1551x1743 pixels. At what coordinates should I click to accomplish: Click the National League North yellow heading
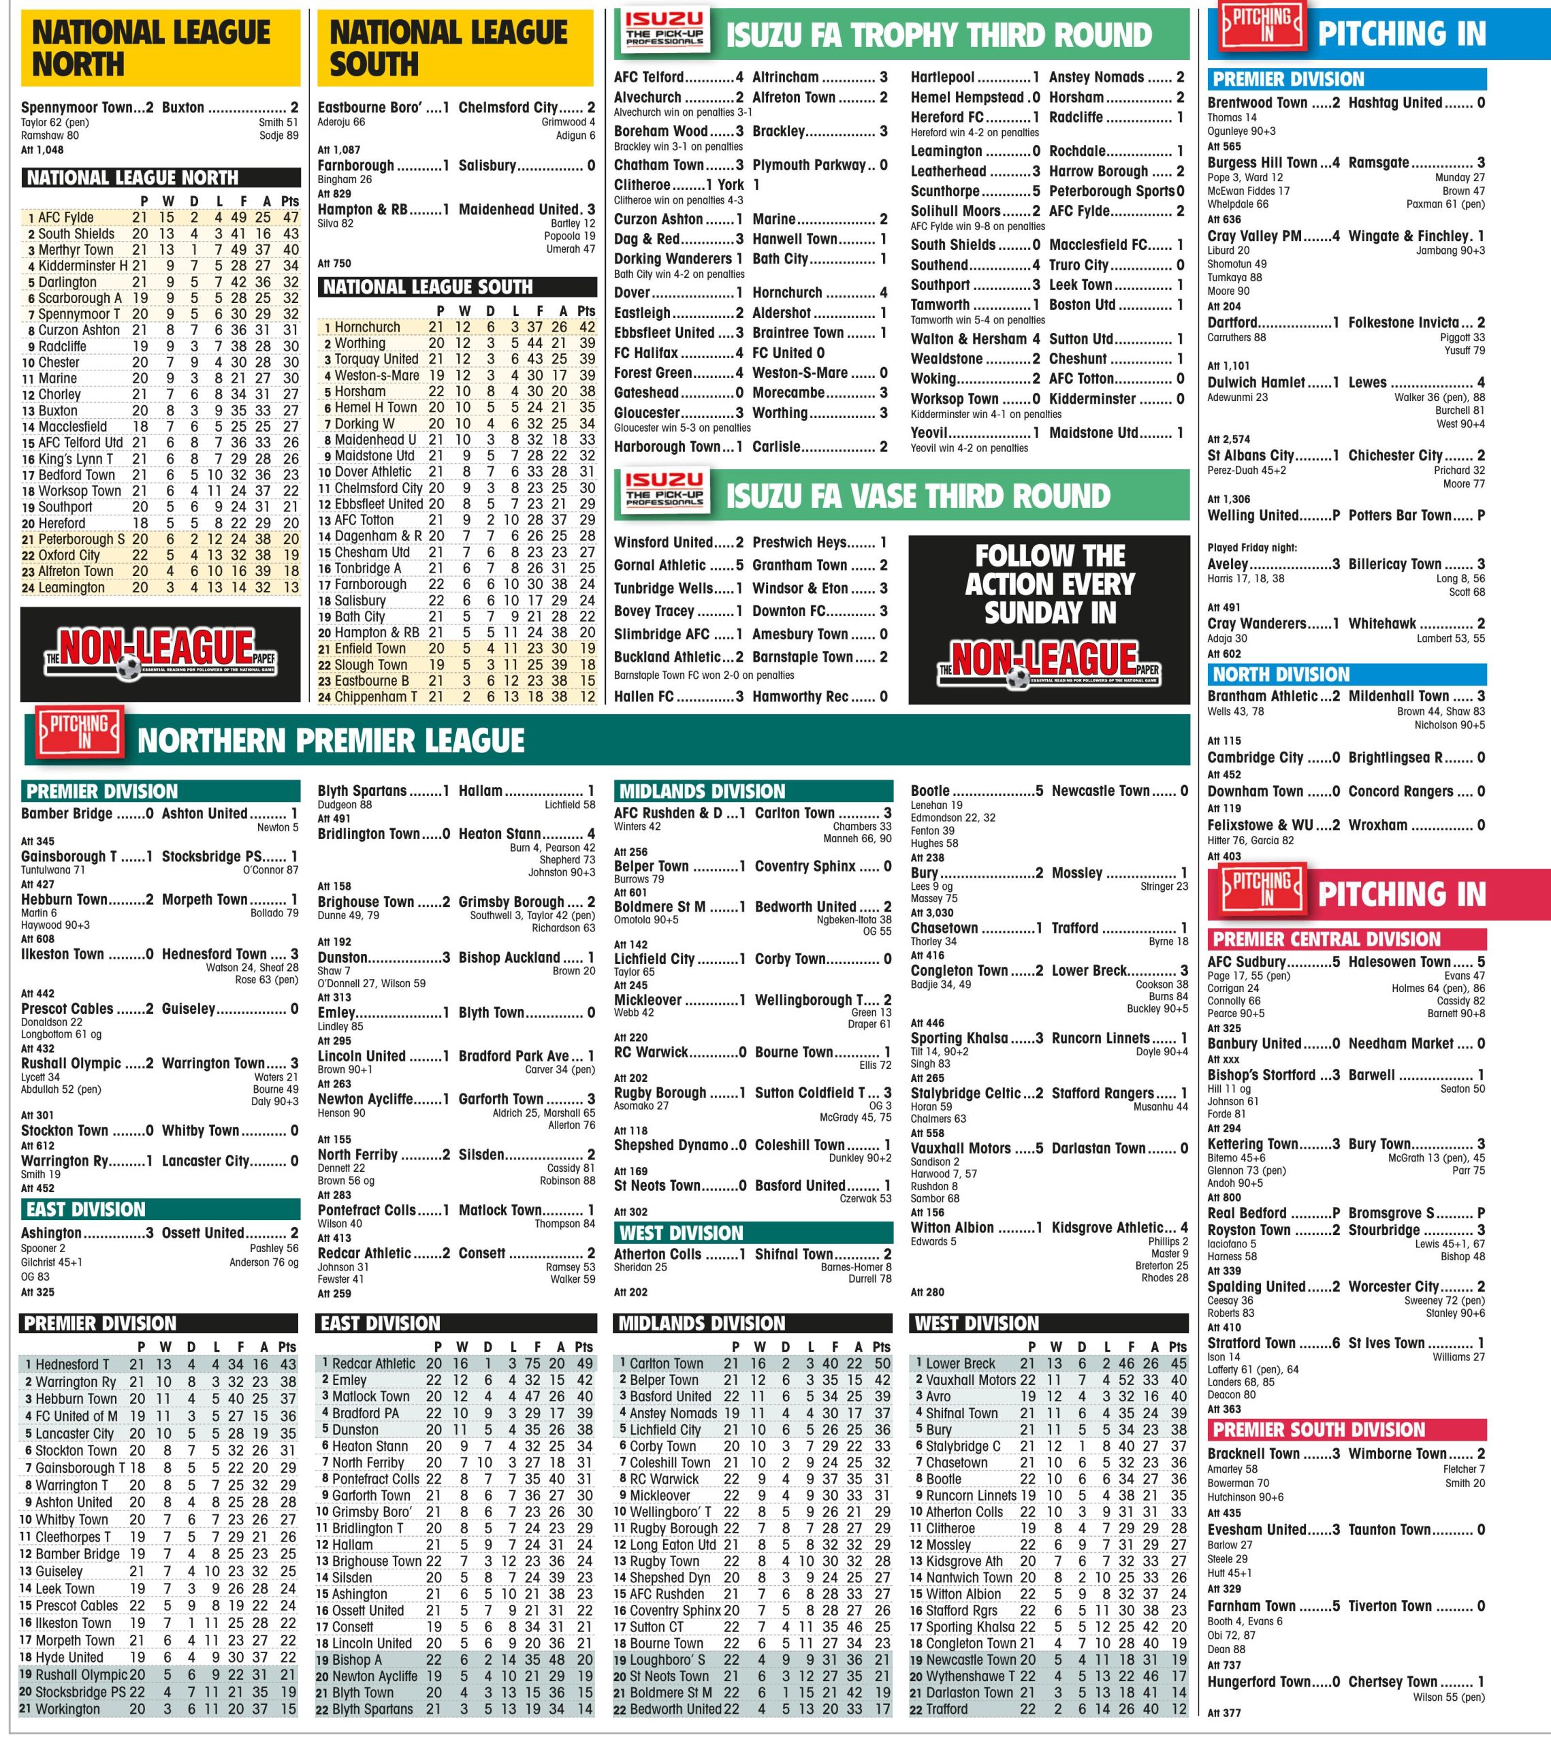[x=151, y=48]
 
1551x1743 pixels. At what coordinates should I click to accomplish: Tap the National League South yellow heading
[x=449, y=48]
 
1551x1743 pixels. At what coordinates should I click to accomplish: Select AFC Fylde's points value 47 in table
[x=291, y=217]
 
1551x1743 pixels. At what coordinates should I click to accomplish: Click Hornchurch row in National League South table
[x=367, y=327]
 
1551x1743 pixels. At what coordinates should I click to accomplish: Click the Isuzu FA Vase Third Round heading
[x=918, y=496]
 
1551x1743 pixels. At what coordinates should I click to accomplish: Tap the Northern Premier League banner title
[x=331, y=740]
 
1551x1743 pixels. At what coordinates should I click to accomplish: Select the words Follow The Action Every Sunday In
[x=1050, y=584]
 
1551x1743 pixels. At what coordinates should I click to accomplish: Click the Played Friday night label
[x=1251, y=547]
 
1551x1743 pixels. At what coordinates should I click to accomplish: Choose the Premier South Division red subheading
[x=1318, y=1430]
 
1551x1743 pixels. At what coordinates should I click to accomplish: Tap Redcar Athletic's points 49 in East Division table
[x=584, y=1364]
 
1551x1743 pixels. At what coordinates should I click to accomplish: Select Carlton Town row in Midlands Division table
[x=666, y=1364]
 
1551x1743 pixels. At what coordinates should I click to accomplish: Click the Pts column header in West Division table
[x=1177, y=1347]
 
